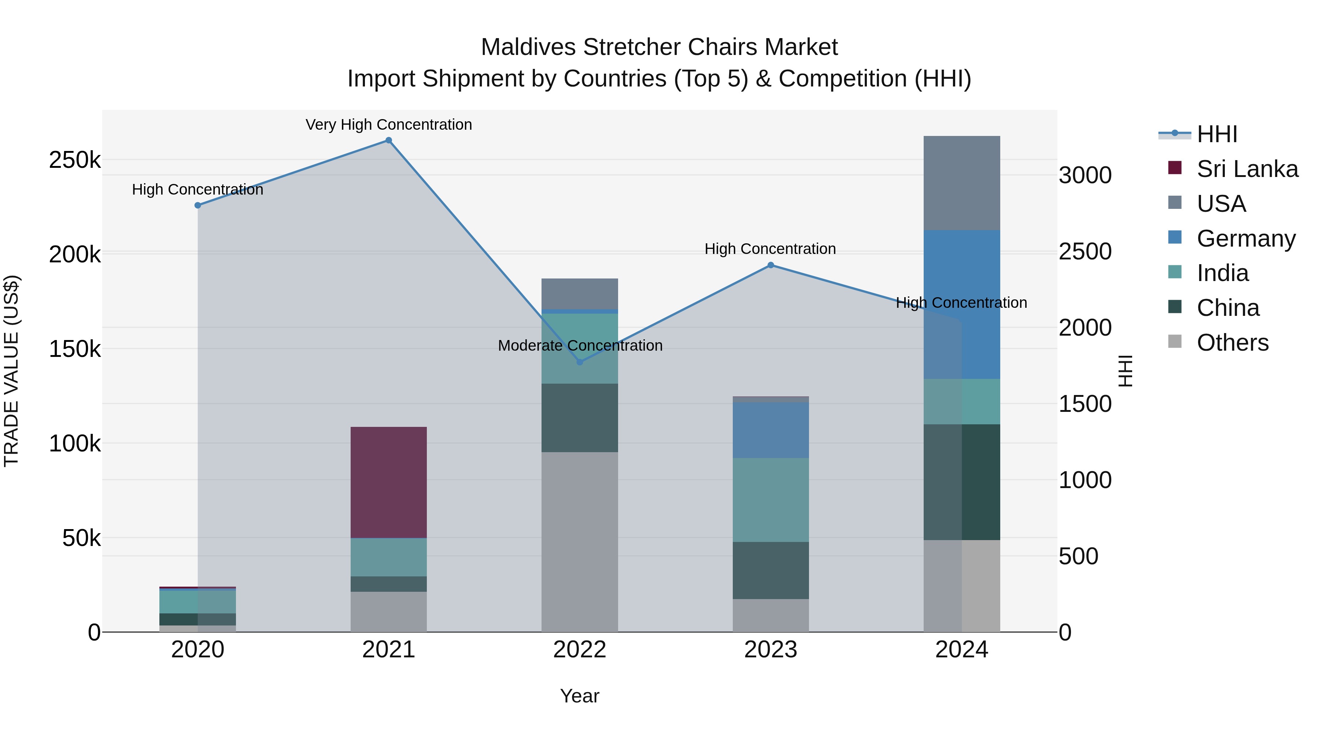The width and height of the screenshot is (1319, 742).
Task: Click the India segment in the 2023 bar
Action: pos(770,500)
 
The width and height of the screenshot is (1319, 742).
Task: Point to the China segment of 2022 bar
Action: pos(580,417)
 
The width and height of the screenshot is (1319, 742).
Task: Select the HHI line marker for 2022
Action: pos(580,362)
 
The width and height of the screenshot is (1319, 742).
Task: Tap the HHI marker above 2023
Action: pos(770,265)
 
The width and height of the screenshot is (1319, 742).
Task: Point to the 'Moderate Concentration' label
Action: pos(580,346)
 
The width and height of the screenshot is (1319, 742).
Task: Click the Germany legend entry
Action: pos(1245,239)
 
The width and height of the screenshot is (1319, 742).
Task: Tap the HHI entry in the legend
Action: pos(1216,134)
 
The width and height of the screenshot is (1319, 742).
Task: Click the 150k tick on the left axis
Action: pos(75,349)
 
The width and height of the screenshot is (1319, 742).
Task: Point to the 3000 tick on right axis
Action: pos(1085,176)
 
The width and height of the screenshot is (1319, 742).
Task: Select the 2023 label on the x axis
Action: pos(770,650)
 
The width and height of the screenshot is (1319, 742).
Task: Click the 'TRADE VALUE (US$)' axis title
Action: pos(12,371)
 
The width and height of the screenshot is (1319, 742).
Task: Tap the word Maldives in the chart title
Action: pos(528,47)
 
